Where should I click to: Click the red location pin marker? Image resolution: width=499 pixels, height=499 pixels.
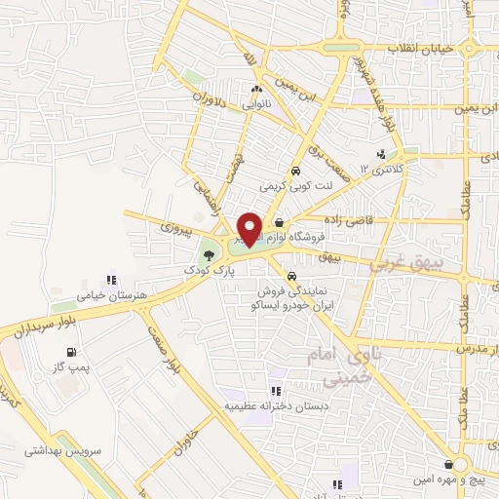coord(249,228)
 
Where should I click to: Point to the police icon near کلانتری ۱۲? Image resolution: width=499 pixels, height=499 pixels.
coord(381,154)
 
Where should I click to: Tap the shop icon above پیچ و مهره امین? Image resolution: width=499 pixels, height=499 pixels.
coord(447,464)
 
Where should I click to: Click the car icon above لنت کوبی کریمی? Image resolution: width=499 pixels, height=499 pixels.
coord(293,166)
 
